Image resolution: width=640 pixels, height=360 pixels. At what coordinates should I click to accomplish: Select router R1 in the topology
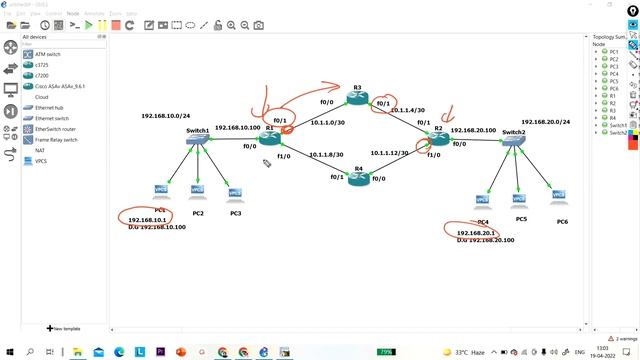[270, 139]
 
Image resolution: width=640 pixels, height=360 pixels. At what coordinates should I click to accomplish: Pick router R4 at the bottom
[357, 178]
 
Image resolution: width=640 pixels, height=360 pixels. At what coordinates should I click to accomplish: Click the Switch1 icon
[197, 143]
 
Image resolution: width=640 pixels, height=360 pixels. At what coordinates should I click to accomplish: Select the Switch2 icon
[512, 144]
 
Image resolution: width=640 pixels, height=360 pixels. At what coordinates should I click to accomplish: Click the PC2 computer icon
[198, 193]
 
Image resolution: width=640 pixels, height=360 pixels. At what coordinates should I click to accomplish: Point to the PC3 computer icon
[235, 193]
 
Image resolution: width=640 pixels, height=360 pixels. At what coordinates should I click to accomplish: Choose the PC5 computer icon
[520, 198]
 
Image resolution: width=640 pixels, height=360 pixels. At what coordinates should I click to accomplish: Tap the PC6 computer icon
[558, 195]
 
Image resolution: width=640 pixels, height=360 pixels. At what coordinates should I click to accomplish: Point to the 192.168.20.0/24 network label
[546, 122]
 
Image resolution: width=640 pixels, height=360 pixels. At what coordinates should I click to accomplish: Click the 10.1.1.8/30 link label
[327, 155]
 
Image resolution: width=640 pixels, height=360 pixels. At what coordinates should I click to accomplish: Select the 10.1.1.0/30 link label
[327, 123]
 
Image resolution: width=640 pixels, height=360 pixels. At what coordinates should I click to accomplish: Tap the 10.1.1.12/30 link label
[390, 153]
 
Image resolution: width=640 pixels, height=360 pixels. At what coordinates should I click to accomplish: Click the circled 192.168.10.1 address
[143, 219]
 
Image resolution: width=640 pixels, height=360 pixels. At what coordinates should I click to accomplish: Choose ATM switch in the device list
[48, 54]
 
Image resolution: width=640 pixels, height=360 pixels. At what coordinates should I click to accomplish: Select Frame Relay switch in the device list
[56, 140]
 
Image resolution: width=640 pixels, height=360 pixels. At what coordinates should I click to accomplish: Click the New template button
[65, 328]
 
